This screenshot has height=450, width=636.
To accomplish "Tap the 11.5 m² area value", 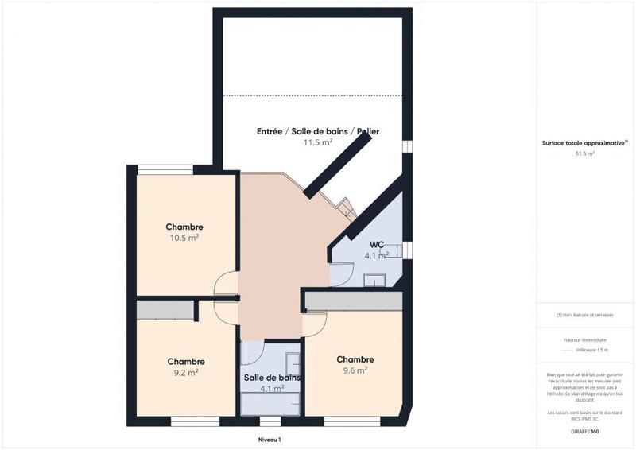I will tap(317, 143).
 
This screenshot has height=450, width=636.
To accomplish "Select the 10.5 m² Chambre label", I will tap(184, 227).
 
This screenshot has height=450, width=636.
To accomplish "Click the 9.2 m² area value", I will tap(184, 371).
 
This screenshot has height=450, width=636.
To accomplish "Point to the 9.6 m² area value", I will tap(355, 370).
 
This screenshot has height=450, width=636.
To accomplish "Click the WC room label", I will tap(377, 244).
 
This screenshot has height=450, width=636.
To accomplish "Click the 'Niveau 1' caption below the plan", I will tap(270, 439).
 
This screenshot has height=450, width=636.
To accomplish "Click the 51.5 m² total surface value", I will tap(584, 154).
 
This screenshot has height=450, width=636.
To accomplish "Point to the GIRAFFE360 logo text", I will tap(584, 431).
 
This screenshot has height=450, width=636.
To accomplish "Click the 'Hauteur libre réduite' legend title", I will tap(584, 339).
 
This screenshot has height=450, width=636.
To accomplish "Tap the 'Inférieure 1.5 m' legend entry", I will tap(591, 350).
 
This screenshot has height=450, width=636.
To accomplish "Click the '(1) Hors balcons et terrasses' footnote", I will tap(584, 315).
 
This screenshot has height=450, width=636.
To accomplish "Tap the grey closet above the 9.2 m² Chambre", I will tap(165, 310).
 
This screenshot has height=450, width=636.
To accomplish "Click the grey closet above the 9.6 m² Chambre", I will tap(354, 301).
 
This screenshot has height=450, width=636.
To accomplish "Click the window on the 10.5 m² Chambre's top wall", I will tap(165, 169).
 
